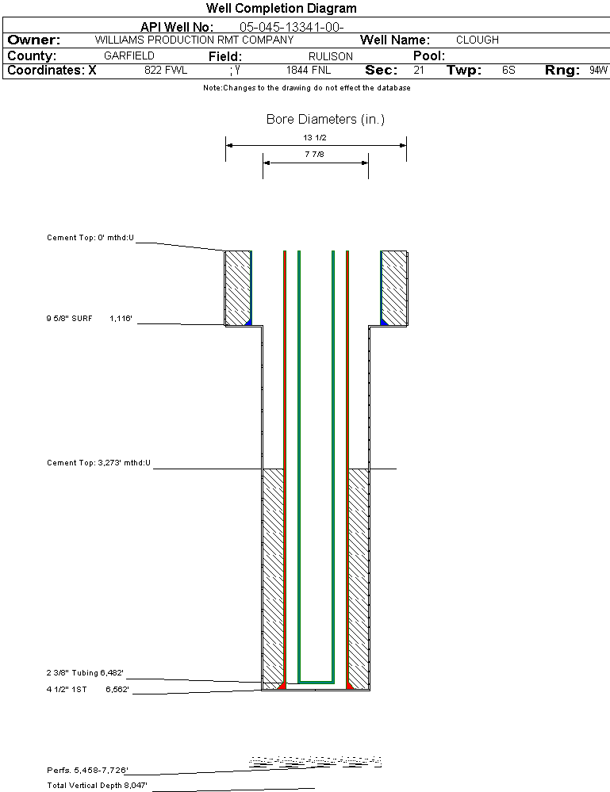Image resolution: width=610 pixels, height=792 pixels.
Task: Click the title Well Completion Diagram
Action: click(281, 9)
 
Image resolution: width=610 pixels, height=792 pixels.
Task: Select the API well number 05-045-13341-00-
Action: click(290, 27)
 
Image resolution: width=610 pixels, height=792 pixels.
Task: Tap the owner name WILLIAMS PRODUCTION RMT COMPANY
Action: click(194, 40)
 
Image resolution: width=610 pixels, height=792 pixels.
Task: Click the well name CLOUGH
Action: click(477, 40)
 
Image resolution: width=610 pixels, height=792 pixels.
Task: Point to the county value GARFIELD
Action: click(129, 56)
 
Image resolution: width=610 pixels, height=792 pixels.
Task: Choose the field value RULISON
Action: click(330, 56)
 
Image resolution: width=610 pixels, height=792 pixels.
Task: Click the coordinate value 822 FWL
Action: click(165, 71)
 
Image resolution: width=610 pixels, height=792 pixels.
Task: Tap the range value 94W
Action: click(598, 71)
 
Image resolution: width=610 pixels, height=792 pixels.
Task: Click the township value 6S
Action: click(508, 71)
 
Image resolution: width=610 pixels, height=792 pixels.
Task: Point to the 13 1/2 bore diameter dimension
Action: click(316, 138)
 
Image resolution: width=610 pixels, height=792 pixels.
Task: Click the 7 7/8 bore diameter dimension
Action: click(315, 155)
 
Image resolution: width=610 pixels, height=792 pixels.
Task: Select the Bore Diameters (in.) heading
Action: click(325, 120)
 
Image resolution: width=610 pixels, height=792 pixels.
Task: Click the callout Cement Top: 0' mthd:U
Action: click(90, 237)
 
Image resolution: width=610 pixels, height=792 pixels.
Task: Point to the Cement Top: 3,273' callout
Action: click(98, 462)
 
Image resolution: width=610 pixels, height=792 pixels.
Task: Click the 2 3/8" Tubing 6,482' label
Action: click(85, 673)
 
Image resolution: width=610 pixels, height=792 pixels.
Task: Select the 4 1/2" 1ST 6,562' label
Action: click(87, 690)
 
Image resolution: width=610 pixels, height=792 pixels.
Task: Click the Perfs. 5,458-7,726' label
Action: click(87, 770)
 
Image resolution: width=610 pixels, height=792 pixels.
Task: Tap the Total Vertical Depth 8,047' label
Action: click(98, 786)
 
